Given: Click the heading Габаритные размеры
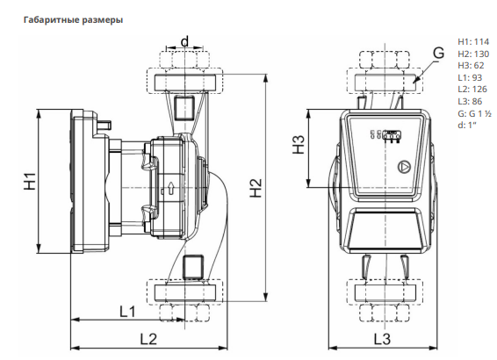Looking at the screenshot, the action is click(x=73, y=20).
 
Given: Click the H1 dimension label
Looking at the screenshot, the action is click(x=30, y=181).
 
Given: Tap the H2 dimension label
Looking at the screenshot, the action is click(x=256, y=188).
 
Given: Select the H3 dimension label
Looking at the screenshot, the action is click(x=299, y=145).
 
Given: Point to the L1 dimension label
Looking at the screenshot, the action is click(x=127, y=312).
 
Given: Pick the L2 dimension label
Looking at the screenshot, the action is click(x=148, y=340).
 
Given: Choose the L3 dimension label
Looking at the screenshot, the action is click(x=382, y=340).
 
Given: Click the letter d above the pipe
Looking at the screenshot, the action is click(x=184, y=41).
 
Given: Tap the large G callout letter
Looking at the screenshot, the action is click(x=439, y=53).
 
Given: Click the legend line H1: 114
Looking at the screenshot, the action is click(x=473, y=42).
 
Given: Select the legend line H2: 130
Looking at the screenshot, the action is click(x=473, y=54).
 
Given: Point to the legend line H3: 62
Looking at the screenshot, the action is click(x=471, y=66).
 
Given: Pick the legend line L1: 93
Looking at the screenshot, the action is click(x=470, y=77).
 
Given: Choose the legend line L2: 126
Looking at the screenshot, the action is click(x=472, y=90).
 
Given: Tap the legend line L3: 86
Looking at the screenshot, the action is click(x=470, y=101).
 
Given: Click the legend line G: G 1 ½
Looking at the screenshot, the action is click(x=474, y=113).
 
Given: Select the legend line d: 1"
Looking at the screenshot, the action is click(x=467, y=126).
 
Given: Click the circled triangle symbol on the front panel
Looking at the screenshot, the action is click(x=404, y=167).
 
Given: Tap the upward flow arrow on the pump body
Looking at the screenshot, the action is click(x=171, y=188).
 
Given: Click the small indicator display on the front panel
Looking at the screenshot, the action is click(x=393, y=134).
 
